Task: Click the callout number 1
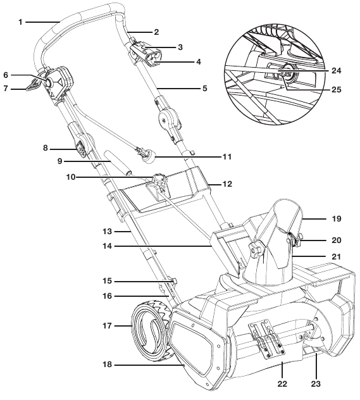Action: (x=20, y=22)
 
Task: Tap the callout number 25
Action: (x=335, y=89)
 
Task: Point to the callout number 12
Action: (x=228, y=184)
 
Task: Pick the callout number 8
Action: (x=46, y=148)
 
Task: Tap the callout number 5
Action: (x=204, y=88)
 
